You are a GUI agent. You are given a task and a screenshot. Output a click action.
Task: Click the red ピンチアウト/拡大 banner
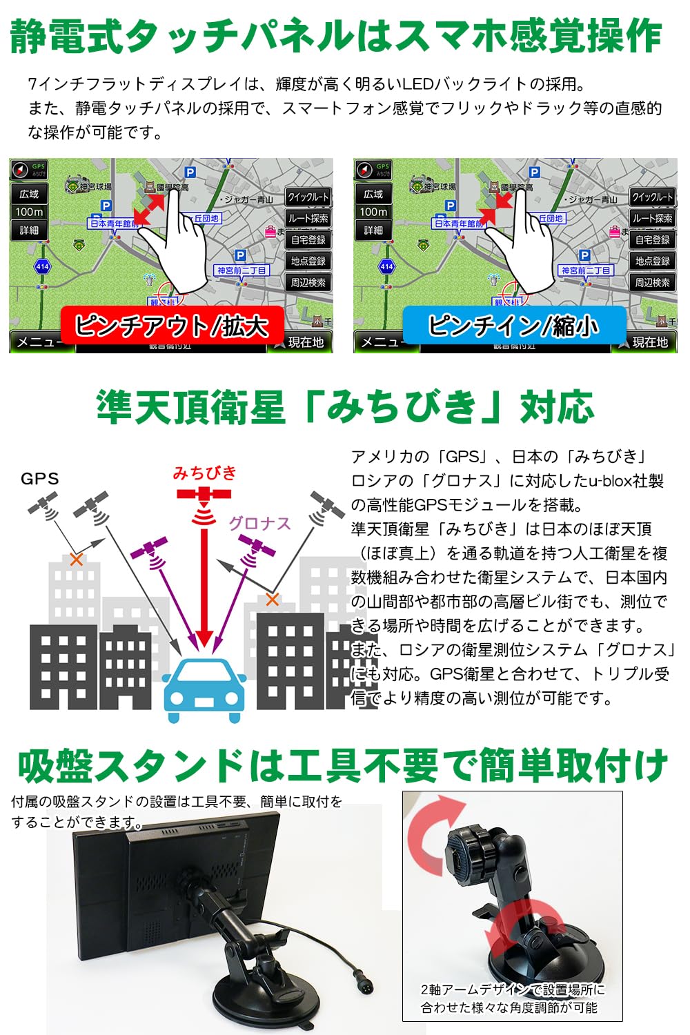tap(172, 326)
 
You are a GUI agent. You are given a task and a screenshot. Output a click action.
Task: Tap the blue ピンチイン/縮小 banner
tap(514, 326)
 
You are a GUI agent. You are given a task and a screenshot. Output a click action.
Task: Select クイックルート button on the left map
tap(308, 197)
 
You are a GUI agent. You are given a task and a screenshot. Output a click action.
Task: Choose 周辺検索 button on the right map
tap(652, 282)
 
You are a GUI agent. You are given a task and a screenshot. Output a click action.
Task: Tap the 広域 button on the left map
tap(29, 195)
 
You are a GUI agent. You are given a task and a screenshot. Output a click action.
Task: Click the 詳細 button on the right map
tap(373, 230)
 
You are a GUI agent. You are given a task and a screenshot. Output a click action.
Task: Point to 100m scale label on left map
tap(29, 213)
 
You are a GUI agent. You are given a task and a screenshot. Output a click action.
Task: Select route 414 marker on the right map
tap(386, 266)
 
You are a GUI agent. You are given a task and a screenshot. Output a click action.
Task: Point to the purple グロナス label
tap(260, 524)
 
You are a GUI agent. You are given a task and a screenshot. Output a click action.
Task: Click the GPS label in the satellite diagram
tap(40, 479)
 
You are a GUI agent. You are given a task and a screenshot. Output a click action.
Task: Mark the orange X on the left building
tap(76, 560)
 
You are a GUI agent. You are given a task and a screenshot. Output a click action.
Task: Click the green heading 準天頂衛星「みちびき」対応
tap(345, 407)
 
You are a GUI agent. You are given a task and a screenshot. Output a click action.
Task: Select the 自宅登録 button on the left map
tap(308, 240)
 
